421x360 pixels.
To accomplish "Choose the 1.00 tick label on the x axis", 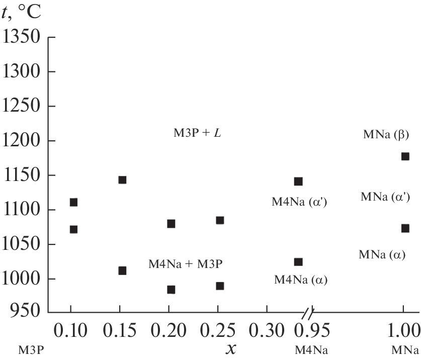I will click(402, 331).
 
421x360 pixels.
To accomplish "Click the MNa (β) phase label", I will click(386, 135).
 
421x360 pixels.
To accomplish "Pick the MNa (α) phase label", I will click(382, 255).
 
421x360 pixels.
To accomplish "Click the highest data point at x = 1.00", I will click(405, 156).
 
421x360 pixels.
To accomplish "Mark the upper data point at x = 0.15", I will click(122, 180).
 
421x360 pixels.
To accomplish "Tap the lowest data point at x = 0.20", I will click(171, 290).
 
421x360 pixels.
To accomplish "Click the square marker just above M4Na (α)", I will click(298, 262).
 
